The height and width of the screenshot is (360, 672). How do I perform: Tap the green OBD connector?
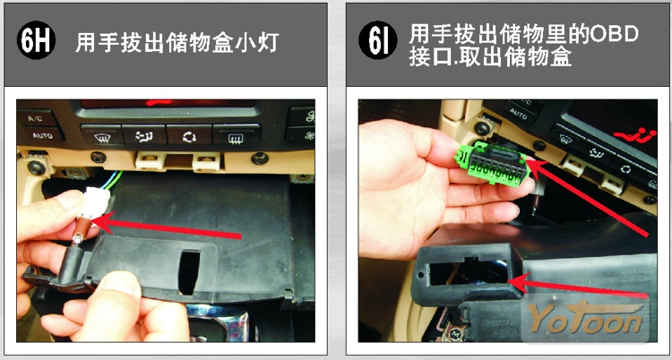point(493,164)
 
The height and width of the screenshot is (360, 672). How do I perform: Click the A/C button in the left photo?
point(36,118)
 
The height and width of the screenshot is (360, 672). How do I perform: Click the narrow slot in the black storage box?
point(189,271)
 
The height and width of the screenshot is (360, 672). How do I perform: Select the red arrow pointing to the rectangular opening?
point(580,287)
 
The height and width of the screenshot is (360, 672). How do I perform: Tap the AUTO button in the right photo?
point(520,116)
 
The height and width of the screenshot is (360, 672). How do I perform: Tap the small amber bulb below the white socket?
point(79,229)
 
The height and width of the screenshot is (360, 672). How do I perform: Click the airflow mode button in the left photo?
point(144,135)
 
